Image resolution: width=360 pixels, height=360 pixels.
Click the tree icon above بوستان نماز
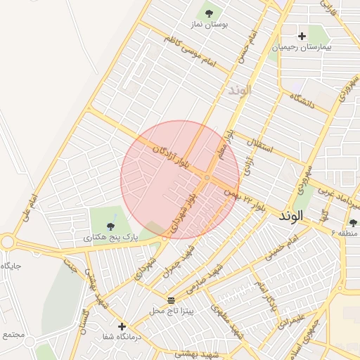[x=208, y=13]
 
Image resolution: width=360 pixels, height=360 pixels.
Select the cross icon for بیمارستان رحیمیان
[x=302, y=36]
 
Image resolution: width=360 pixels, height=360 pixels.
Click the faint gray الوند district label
[x=239, y=91]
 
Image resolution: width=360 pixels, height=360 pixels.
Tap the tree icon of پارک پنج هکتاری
[x=109, y=226]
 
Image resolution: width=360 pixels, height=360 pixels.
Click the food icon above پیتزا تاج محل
[x=171, y=300]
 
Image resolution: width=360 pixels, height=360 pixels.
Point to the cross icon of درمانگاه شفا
[x=122, y=326]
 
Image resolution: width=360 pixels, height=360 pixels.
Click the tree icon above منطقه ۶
[x=352, y=222]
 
